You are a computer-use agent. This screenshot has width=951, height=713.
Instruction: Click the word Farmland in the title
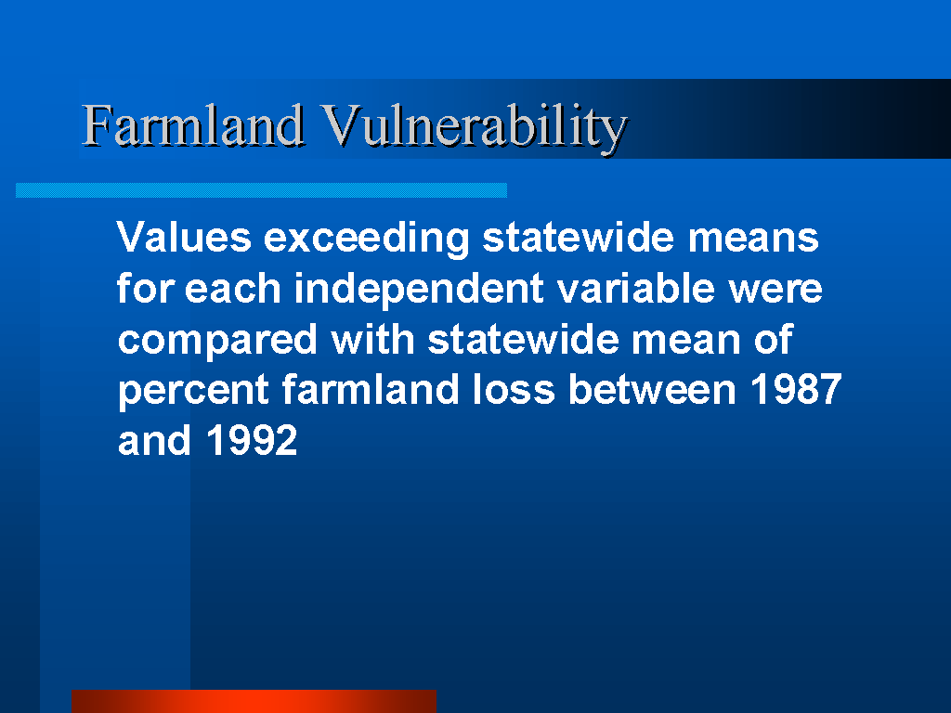tap(193, 125)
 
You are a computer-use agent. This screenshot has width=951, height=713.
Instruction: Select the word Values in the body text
tap(184, 237)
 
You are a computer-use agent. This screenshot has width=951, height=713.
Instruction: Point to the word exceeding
tap(366, 239)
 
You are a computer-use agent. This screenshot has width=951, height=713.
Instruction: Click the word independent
tap(419, 290)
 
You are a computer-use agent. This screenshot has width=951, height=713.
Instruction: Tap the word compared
tap(217, 341)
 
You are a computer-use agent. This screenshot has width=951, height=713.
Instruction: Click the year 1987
tap(796, 389)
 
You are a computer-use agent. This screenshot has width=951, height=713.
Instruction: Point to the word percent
tap(193, 391)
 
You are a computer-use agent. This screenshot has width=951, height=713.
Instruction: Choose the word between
tap(652, 389)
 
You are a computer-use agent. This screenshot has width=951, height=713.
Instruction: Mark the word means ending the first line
tap(753, 239)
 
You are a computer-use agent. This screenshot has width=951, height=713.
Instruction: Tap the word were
tap(775, 290)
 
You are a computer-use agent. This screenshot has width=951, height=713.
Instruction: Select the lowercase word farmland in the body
tap(371, 389)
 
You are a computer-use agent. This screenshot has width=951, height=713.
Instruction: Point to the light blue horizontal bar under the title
tap(261, 190)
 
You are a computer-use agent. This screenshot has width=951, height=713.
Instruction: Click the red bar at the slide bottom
tap(254, 702)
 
